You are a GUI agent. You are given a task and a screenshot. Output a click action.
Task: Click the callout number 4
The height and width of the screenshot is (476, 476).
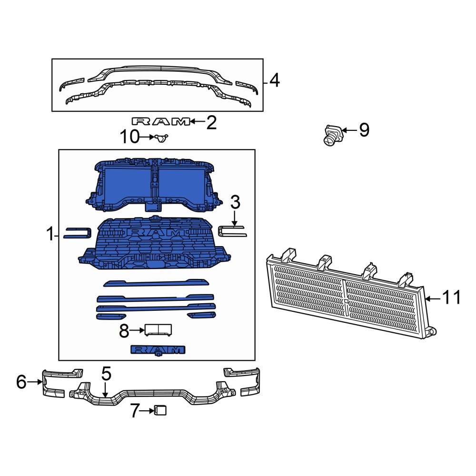[274, 81]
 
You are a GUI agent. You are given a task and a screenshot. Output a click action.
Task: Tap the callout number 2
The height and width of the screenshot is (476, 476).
[211, 123]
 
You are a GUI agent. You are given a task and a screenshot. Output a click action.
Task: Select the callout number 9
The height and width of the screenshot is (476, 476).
[364, 130]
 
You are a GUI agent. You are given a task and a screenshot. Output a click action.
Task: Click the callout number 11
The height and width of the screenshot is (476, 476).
[451, 298]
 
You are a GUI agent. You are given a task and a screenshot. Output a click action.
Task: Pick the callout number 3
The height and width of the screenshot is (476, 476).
[235, 203]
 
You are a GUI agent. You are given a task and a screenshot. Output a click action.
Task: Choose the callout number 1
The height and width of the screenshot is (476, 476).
[50, 234]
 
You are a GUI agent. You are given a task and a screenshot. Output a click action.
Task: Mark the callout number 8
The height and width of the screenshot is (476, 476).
[124, 331]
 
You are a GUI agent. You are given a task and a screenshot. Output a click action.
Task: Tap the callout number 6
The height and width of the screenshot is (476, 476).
[21, 382]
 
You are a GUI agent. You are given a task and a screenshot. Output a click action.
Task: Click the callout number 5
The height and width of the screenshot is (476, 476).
[106, 374]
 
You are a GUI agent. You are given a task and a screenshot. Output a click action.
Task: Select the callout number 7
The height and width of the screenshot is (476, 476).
[135, 410]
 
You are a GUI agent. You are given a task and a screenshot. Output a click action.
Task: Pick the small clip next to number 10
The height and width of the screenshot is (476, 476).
[161, 138]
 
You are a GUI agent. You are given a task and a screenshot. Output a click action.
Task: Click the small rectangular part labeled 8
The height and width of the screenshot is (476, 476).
[158, 329]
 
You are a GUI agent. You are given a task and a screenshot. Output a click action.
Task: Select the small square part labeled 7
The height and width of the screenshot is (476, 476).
[160, 410]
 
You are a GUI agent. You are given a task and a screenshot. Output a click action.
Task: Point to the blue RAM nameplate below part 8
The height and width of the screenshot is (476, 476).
[157, 350]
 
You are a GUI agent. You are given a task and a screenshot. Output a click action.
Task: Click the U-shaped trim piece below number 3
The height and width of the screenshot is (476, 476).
[232, 231]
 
